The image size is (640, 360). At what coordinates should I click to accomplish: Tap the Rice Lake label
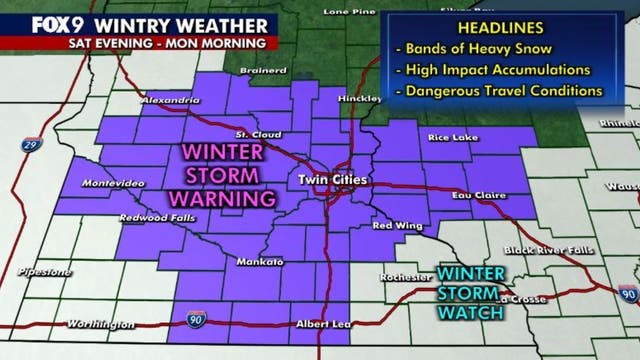449,137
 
